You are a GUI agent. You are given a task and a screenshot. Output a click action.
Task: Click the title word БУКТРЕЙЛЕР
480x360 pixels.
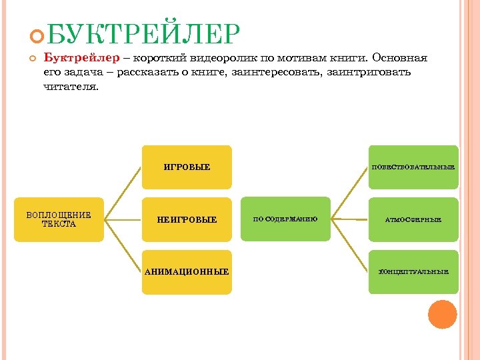(x=143, y=33)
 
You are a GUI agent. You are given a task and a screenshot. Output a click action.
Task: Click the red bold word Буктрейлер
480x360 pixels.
(x=73, y=58)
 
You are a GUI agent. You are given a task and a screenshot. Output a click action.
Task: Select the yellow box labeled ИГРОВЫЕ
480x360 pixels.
(x=187, y=167)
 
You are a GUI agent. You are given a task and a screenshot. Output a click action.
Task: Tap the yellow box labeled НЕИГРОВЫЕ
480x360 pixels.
(x=187, y=219)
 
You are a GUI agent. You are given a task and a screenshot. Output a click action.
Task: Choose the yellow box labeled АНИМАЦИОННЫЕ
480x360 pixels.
(x=187, y=272)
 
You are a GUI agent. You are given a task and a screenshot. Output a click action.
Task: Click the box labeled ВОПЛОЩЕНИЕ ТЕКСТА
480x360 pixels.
(x=59, y=219)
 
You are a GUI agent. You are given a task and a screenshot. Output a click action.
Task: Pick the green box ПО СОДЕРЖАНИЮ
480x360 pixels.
(x=285, y=219)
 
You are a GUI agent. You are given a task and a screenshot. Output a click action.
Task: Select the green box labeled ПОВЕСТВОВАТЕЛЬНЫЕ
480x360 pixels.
(x=413, y=167)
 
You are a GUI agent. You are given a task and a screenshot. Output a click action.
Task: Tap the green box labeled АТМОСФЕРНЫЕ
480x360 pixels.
(x=413, y=219)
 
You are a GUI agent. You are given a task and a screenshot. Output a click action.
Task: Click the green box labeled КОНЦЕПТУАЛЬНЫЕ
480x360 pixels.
(x=413, y=272)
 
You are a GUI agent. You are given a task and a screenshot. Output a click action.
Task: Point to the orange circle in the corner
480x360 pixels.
(x=442, y=314)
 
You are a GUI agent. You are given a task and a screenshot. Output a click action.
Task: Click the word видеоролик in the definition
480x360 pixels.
(x=225, y=58)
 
